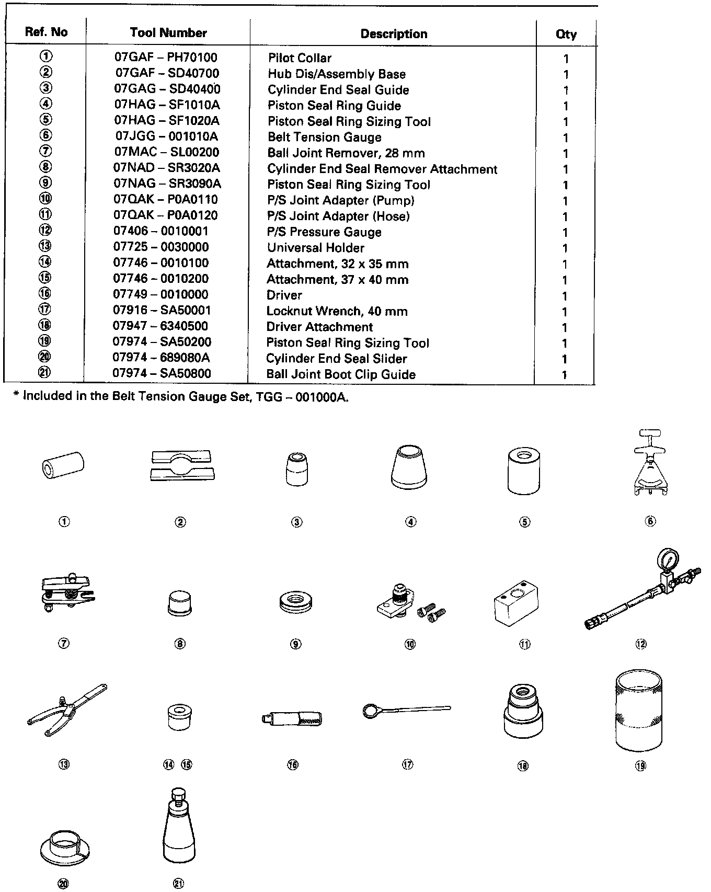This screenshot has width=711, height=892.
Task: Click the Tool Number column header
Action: click(168, 33)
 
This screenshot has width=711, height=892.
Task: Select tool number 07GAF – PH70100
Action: click(166, 57)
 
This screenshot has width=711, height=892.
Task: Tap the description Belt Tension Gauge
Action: click(324, 138)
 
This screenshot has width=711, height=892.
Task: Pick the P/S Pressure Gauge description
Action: click(324, 232)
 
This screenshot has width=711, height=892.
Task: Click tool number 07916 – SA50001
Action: click(162, 310)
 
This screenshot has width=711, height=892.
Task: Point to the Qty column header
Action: click(566, 35)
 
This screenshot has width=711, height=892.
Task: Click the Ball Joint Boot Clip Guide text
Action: click(341, 374)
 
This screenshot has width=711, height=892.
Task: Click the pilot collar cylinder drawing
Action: click(63, 464)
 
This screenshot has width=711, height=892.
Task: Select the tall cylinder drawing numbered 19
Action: click(638, 712)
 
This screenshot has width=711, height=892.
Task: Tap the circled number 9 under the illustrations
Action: click(296, 644)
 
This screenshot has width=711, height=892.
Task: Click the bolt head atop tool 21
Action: click(178, 794)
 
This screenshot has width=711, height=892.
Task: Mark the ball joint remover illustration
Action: click(66, 592)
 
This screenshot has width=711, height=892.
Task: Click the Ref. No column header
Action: click(46, 32)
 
